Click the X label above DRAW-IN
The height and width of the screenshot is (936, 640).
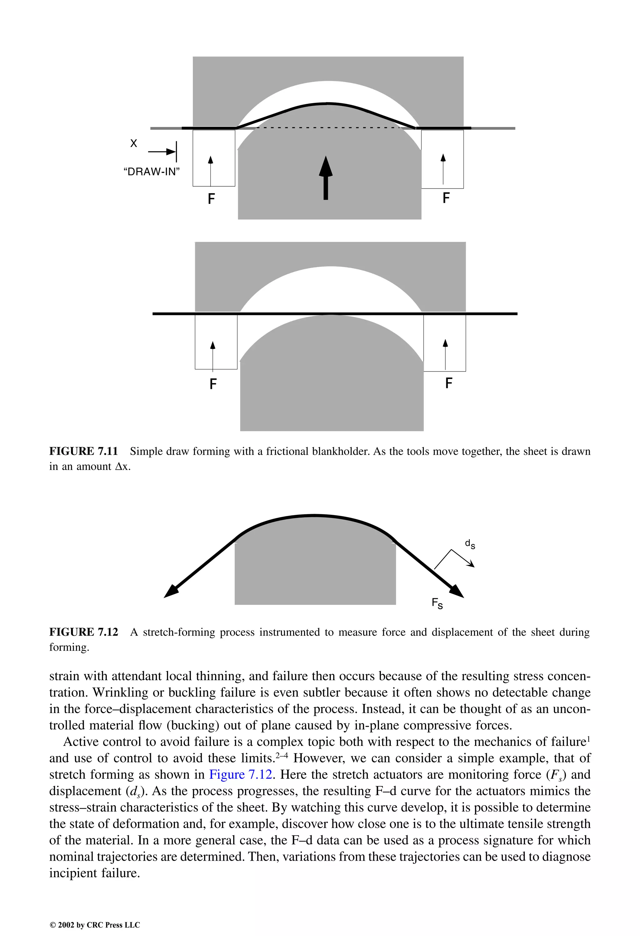134,143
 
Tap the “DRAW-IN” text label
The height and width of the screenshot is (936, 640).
151,172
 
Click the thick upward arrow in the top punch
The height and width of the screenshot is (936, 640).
326,178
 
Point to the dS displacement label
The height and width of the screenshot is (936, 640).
470,544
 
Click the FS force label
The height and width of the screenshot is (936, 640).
437,603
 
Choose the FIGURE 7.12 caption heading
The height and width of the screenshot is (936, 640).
84,632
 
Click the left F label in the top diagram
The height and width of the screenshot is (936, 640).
211,199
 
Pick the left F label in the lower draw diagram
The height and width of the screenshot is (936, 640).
213,384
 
